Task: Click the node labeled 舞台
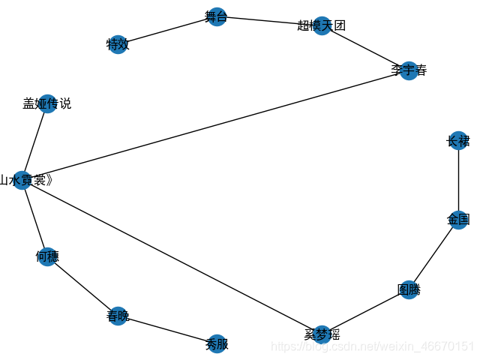(x=216, y=16)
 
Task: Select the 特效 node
(x=118, y=44)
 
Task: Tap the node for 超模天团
(x=322, y=25)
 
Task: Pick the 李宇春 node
(x=408, y=71)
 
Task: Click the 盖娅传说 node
(x=47, y=103)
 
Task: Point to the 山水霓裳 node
(x=22, y=180)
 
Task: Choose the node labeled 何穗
(x=46, y=256)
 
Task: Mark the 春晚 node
(x=118, y=316)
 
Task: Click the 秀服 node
(x=216, y=344)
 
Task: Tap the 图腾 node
(x=408, y=289)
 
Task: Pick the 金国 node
(x=457, y=220)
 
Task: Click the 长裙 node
(x=457, y=140)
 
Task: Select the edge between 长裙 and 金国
(x=457, y=180)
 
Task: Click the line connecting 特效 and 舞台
(x=166, y=31)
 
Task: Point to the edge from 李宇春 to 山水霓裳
(x=215, y=125)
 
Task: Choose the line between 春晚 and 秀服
(x=166, y=330)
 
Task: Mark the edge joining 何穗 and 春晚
(x=82, y=286)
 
